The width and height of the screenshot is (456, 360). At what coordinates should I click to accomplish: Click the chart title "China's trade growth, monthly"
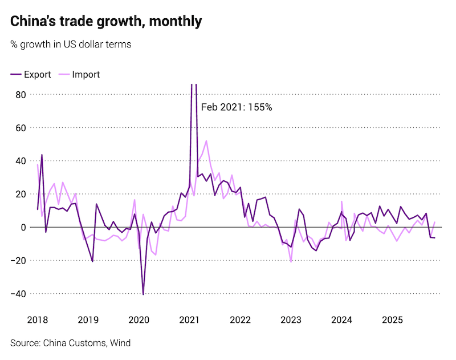[x=106, y=22]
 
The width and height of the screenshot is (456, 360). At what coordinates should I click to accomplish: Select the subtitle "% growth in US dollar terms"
[x=71, y=44]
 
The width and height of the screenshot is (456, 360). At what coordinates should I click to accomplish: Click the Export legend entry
[x=31, y=74]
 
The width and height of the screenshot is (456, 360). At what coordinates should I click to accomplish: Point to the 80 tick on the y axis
[x=20, y=95]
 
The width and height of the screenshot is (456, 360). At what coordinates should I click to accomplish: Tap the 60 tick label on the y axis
[x=20, y=128]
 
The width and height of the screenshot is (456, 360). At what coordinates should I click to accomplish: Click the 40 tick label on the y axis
[x=20, y=161]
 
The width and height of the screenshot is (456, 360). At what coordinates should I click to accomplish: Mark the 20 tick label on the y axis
[x=20, y=194]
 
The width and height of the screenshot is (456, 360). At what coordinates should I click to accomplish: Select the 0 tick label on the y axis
[x=23, y=227]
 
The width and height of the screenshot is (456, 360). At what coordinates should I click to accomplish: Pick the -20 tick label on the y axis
[x=18, y=260]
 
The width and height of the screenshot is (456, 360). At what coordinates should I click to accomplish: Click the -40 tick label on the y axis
[x=18, y=293]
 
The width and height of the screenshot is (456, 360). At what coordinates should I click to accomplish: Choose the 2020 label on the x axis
[x=139, y=319]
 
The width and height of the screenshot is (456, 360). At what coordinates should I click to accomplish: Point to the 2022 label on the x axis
[x=240, y=319]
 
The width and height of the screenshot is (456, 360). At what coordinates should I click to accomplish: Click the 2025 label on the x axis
[x=392, y=319]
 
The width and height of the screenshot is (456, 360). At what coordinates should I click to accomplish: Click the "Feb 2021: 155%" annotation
[x=237, y=107]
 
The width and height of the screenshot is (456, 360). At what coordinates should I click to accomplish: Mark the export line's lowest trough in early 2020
[x=143, y=294]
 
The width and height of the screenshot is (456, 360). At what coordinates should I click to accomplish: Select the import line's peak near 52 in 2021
[x=206, y=141]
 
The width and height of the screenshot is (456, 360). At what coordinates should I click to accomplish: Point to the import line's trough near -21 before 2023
[x=291, y=262]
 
